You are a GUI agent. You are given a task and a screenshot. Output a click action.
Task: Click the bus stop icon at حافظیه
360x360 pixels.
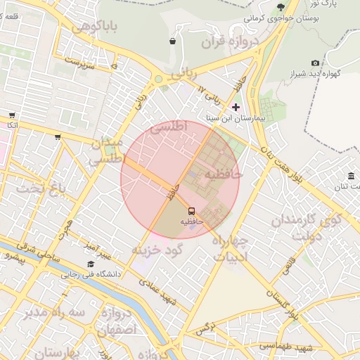point(191,210)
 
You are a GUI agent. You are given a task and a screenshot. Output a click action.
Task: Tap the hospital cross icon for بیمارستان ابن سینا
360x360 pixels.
point(236,107)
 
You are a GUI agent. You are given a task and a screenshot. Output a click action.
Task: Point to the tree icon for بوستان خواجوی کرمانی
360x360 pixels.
point(280,6)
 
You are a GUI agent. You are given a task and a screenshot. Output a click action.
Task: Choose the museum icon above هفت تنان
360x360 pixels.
point(351,175)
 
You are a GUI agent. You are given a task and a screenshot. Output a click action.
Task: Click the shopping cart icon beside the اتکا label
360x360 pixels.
point(12,115)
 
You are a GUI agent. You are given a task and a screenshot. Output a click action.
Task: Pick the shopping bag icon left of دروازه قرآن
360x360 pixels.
point(172,41)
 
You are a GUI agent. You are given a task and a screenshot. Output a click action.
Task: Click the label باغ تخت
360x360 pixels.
point(41,188)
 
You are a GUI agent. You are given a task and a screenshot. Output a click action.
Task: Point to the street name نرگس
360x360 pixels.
point(205,328)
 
